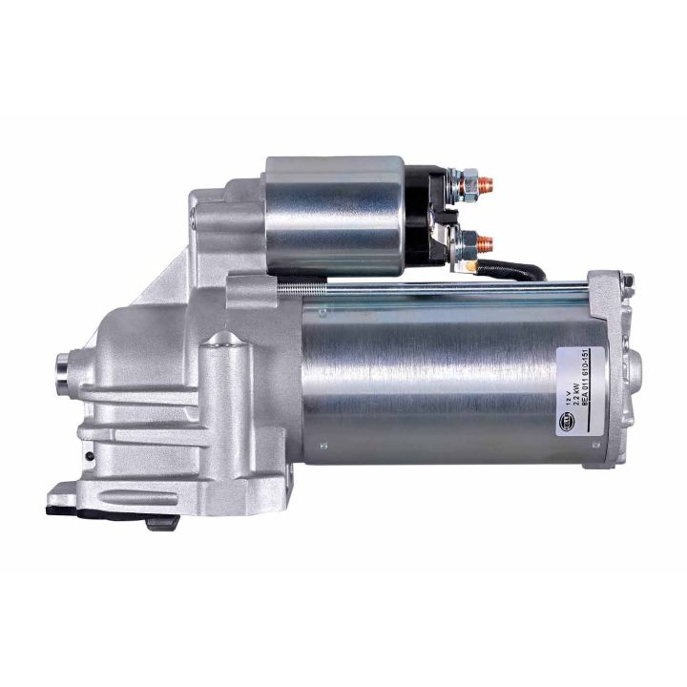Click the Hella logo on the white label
click(569, 417)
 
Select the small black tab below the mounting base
click(158, 523)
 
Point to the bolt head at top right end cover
click(627, 281)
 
